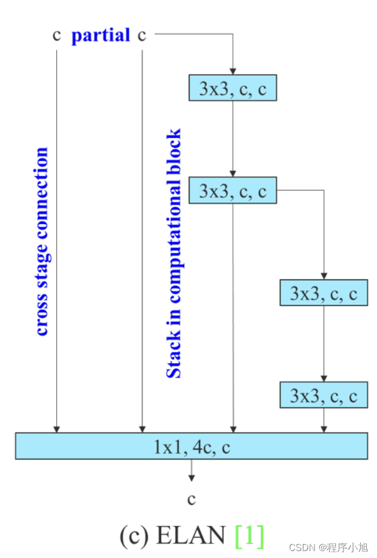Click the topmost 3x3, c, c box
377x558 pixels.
[x=233, y=88]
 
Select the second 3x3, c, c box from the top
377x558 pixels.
[x=233, y=190]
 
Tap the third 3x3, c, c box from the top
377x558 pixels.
[x=323, y=293]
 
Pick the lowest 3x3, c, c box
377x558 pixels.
[x=323, y=396]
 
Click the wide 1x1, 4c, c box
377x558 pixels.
[x=191, y=446]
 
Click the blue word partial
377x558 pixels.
[x=100, y=36]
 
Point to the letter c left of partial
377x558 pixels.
[x=56, y=35]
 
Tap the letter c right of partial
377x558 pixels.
[x=142, y=35]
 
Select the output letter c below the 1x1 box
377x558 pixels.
[x=191, y=498]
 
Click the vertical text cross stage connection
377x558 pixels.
[x=42, y=241]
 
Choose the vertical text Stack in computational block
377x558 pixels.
[x=174, y=253]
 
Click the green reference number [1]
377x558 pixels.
[x=250, y=535]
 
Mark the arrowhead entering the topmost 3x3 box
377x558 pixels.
[x=233, y=72]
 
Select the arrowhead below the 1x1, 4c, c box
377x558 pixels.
[x=191, y=478]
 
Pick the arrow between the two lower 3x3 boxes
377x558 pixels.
[x=323, y=344]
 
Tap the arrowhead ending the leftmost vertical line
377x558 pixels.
[x=56, y=429]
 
